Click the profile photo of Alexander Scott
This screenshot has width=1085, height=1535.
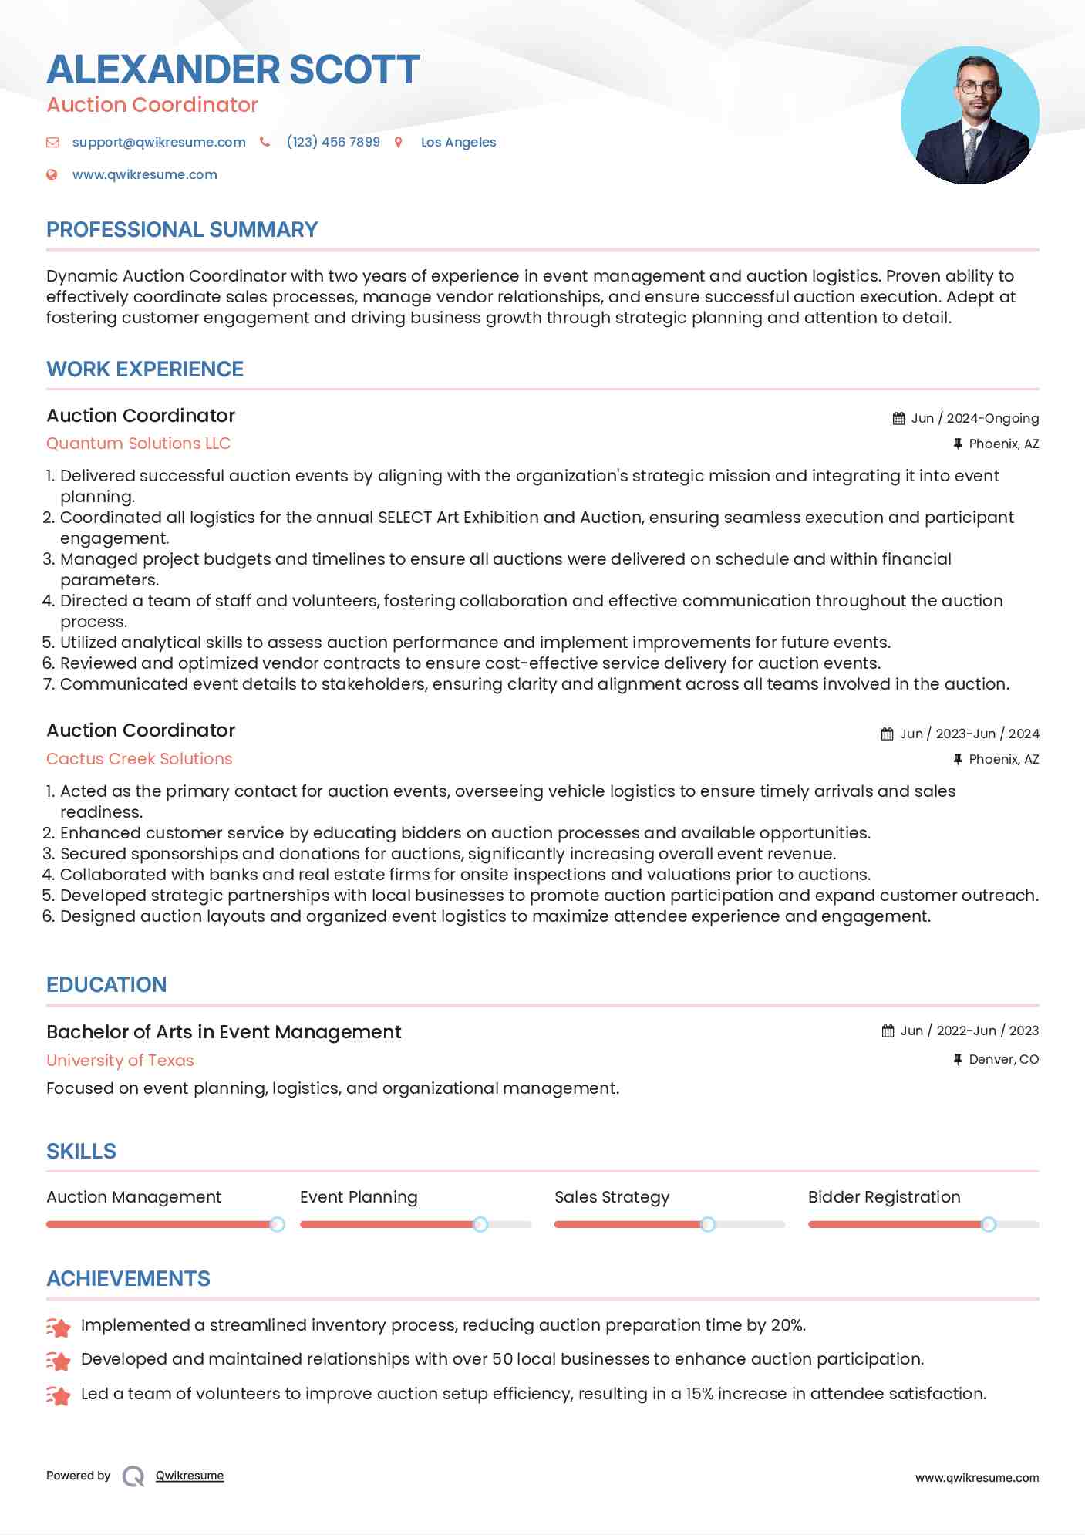[969, 116]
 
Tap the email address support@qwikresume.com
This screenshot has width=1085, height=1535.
[159, 142]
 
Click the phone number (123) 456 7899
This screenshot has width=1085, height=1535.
[333, 142]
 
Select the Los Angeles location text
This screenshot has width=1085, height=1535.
[458, 142]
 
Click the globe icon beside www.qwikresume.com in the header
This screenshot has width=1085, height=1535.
[52, 174]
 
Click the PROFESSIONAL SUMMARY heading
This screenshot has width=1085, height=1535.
[182, 230]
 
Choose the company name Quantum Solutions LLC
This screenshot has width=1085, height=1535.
[139, 444]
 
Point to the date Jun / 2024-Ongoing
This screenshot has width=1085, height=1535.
[975, 418]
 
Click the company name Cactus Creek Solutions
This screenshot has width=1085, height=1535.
[140, 759]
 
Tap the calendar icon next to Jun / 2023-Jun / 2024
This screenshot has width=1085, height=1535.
[888, 734]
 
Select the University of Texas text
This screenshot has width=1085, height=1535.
[120, 1061]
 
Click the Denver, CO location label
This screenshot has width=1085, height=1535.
[1003, 1059]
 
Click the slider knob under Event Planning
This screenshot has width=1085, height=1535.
[480, 1224]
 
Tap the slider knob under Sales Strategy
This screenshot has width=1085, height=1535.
[708, 1224]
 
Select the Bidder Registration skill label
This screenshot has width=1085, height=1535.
[884, 1197]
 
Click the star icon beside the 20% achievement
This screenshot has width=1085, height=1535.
[59, 1327]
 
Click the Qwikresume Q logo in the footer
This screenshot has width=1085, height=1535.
[133, 1476]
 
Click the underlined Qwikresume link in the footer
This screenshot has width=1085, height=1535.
[190, 1476]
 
